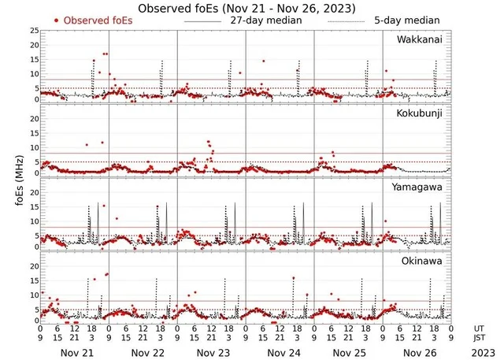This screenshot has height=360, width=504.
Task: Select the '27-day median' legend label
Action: pos(265,20)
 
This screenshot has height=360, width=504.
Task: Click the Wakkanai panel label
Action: pos(422,39)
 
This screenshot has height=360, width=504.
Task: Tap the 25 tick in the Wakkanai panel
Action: pos(34,31)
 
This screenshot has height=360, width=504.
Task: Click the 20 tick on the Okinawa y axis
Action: pos(34,266)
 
